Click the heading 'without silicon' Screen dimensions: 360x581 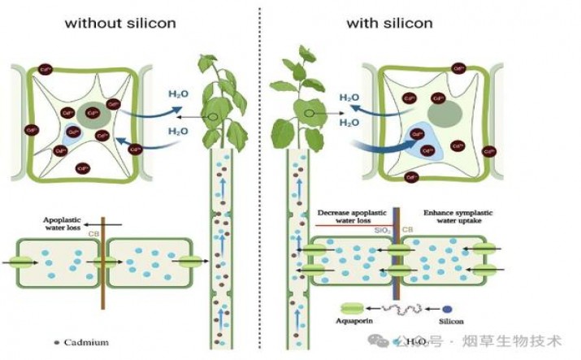[x=119, y=23]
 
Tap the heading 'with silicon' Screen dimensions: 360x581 [x=389, y=23]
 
